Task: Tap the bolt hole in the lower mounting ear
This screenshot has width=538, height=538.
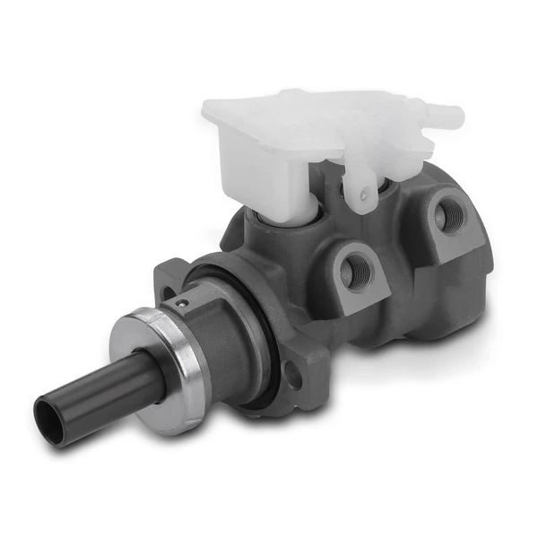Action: pyautogui.click(x=292, y=377)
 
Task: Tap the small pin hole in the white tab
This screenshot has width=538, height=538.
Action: pyautogui.click(x=364, y=190)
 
